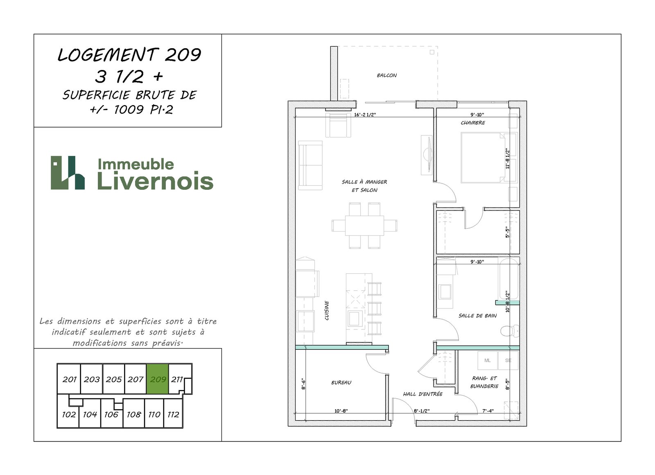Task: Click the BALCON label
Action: [386, 75]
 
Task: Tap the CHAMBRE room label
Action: [473, 123]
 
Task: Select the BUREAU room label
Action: [341, 383]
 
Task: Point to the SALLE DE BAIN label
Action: [477, 315]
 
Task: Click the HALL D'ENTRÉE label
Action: [422, 394]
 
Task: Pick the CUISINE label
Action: [327, 311]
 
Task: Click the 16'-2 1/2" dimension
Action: [365, 115]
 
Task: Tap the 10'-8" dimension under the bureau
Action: [341, 411]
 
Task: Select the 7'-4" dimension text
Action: [488, 410]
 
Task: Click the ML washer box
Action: [488, 360]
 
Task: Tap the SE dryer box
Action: [508, 360]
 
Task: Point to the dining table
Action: [364, 225]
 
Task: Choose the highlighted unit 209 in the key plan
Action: [158, 379]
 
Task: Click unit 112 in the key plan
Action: [173, 414]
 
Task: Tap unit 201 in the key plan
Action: [69, 379]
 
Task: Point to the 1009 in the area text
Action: [129, 110]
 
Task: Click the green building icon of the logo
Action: [68, 173]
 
